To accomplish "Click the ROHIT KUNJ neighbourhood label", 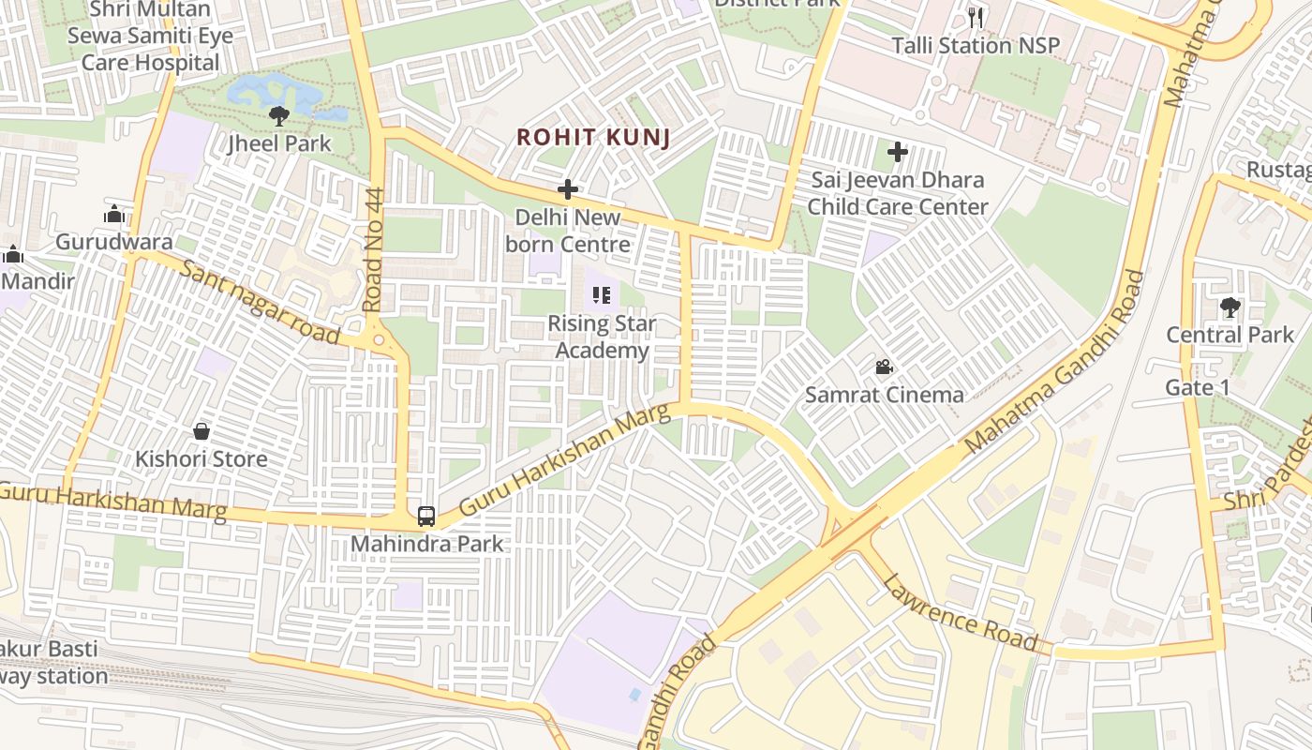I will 593,137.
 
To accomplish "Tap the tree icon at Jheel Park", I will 278,115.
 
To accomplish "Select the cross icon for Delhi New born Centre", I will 567,189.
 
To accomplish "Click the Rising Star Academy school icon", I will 602,296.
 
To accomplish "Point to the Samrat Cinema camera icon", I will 883,367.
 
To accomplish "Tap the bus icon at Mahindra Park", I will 426,516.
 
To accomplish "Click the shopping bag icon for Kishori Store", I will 201,431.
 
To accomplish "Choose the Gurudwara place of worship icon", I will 114,214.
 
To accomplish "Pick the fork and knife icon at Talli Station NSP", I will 976,17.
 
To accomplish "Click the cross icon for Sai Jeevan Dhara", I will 898,151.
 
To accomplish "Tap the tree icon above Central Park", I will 1230,307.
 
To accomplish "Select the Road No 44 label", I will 374,249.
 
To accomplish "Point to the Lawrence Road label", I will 960,611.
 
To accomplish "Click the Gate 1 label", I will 1197,387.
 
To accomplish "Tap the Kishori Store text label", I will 201,459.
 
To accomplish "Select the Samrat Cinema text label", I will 884,395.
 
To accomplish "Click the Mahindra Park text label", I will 426,544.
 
